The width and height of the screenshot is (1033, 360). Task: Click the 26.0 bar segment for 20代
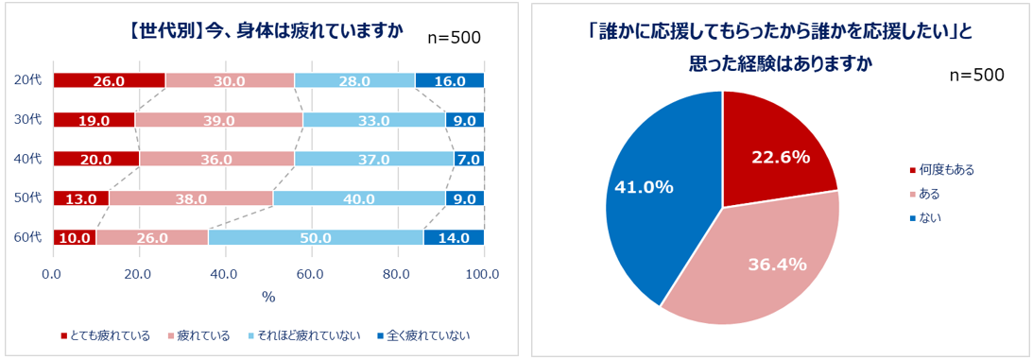109,81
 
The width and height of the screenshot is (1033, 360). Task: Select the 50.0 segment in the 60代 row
316,237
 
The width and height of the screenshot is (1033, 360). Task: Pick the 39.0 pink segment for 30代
218,120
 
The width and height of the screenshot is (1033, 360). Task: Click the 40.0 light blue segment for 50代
359,198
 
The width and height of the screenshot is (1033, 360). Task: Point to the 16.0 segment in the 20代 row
449,81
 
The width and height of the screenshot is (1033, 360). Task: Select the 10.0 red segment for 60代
74,237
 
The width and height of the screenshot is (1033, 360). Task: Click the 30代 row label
29,120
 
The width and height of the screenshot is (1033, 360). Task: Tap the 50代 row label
29,198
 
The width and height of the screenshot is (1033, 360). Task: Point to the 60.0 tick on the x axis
311,273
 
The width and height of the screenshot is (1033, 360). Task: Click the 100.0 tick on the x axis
482,273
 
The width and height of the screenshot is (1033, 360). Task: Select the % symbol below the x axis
268,297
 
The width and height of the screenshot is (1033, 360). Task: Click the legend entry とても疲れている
106,335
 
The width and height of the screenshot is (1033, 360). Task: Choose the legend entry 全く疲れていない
422,335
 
